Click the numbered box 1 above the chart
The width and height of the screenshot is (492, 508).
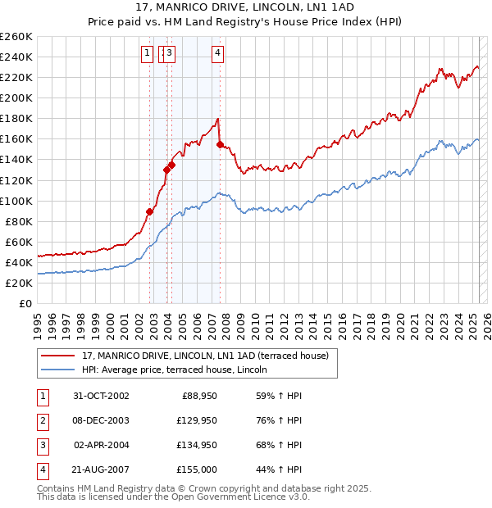click(x=146, y=54)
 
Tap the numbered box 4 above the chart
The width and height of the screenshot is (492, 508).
click(x=217, y=54)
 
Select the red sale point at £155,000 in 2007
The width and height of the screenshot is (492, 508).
click(x=220, y=144)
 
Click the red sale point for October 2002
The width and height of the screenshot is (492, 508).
click(x=150, y=211)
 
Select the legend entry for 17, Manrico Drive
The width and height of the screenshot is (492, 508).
click(x=205, y=356)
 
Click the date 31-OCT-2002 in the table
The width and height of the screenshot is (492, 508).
click(x=101, y=396)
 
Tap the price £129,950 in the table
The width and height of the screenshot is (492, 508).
click(x=194, y=420)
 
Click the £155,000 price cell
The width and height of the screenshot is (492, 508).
click(x=196, y=469)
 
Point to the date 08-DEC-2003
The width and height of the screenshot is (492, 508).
click(x=101, y=420)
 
